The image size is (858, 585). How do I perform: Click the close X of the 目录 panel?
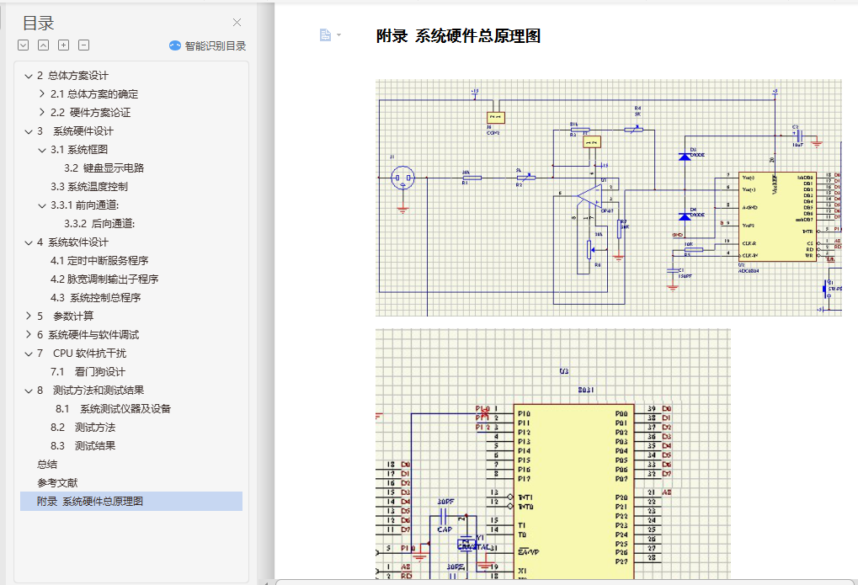237,23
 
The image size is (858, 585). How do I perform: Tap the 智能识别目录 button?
208,46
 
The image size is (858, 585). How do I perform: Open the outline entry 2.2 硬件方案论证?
90,113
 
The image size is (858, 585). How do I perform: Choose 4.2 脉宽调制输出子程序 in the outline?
104,279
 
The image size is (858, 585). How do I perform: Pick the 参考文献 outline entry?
57,483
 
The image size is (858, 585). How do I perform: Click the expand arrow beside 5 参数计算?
29,316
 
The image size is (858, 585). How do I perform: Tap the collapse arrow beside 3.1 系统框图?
42,150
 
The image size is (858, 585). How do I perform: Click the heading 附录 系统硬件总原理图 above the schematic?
458,36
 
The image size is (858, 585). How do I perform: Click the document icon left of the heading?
325,35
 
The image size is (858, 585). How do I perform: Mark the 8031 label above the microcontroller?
586,390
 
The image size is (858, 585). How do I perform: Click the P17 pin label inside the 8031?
524,479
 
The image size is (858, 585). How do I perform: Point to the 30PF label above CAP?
446,502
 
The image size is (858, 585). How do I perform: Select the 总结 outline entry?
47,465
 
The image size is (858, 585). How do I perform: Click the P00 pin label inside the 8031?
621,414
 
